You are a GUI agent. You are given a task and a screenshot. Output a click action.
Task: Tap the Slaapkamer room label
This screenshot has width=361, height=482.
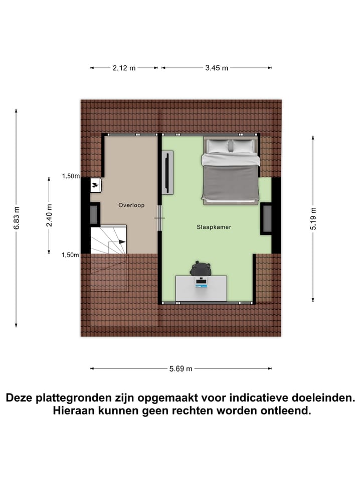click(x=214, y=227)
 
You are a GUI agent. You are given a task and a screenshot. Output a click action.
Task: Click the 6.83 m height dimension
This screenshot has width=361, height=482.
click(x=17, y=218)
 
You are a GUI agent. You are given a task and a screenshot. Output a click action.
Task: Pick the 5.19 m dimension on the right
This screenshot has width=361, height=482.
click(x=313, y=219)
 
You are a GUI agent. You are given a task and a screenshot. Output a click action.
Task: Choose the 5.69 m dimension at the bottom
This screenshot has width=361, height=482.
click(x=181, y=369)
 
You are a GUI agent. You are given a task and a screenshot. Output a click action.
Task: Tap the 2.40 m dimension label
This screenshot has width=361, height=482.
click(x=49, y=215)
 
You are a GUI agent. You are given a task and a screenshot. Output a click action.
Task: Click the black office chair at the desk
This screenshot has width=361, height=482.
click(x=202, y=269)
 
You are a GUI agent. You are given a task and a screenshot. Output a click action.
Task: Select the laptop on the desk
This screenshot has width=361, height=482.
click(x=201, y=284)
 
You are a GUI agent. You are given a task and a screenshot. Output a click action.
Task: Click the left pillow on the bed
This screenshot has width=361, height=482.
click(x=218, y=146)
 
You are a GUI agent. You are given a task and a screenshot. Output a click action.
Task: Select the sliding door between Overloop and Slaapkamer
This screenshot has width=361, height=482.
click(x=159, y=218)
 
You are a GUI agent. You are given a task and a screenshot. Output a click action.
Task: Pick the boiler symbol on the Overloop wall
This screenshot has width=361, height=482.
click(x=95, y=186)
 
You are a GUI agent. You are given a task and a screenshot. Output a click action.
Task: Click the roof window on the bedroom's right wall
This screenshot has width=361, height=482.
click(x=266, y=218)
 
